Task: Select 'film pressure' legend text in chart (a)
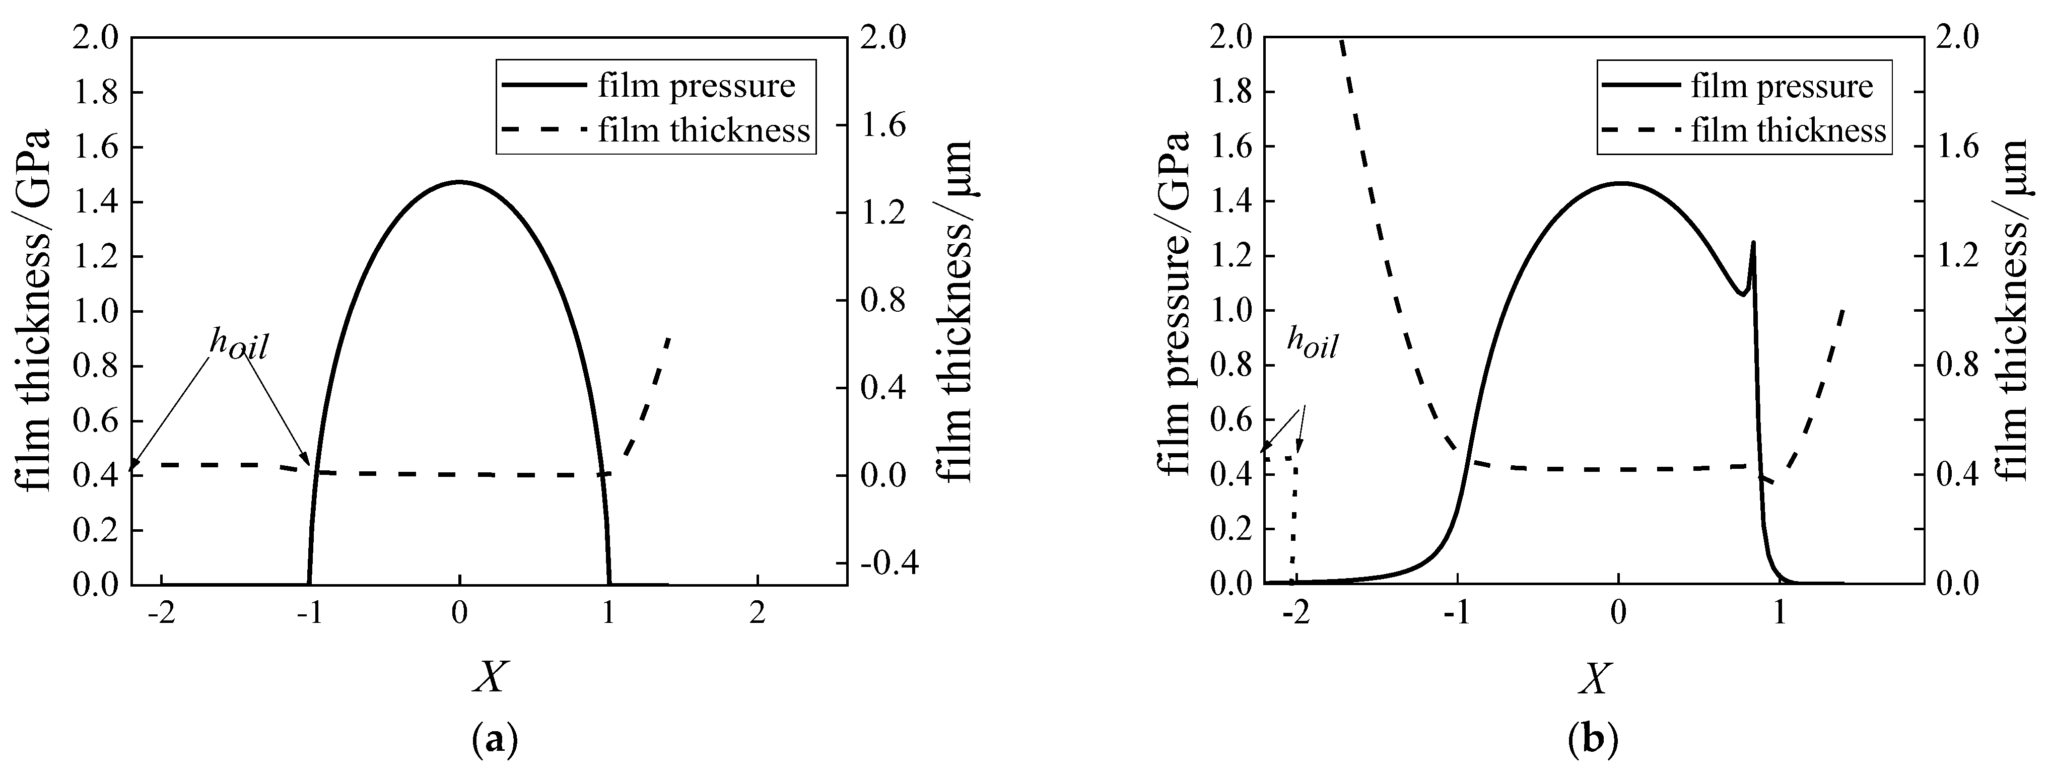click(697, 86)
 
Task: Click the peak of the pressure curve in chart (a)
click(459, 182)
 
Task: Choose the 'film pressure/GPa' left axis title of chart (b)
click(1176, 303)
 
